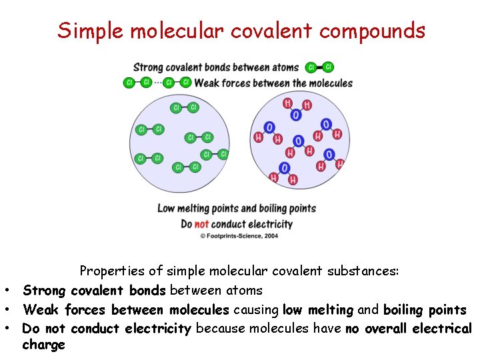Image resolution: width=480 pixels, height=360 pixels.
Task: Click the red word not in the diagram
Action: tap(201, 224)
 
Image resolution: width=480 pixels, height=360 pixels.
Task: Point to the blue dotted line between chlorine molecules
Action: tap(157, 83)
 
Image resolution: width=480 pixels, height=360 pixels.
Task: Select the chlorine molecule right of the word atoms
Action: tap(319, 67)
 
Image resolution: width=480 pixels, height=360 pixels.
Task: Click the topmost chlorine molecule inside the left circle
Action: tap(185, 108)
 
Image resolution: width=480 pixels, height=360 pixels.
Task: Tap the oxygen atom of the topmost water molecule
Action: tap(296, 115)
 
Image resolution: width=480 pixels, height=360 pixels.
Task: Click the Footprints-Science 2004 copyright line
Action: tap(239, 236)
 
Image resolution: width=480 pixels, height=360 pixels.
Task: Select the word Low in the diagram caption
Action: tap(166, 209)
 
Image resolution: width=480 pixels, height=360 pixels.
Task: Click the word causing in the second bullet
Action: tap(256, 310)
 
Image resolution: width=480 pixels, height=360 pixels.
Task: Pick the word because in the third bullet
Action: tap(220, 329)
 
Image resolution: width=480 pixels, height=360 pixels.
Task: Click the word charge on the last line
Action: tap(43, 345)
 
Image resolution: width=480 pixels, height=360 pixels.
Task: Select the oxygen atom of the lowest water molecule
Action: tap(285, 168)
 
